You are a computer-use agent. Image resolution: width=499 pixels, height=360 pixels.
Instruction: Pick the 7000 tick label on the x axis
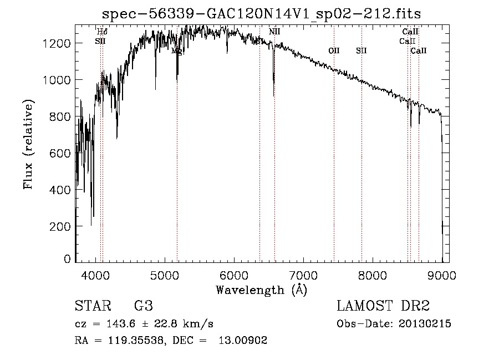click(x=303, y=274)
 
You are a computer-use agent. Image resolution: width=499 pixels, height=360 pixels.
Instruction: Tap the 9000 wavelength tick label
click(x=442, y=274)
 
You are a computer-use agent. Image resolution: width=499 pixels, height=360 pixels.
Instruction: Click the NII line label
click(x=274, y=32)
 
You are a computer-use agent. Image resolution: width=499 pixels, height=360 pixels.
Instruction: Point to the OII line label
click(x=334, y=50)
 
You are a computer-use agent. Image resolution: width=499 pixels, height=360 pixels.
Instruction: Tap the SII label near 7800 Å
click(x=361, y=50)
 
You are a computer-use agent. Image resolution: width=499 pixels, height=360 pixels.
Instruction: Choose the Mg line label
click(x=177, y=50)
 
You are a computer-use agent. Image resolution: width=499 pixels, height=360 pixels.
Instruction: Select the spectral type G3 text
click(x=144, y=306)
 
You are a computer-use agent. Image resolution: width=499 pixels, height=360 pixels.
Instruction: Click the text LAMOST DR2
click(x=383, y=306)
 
